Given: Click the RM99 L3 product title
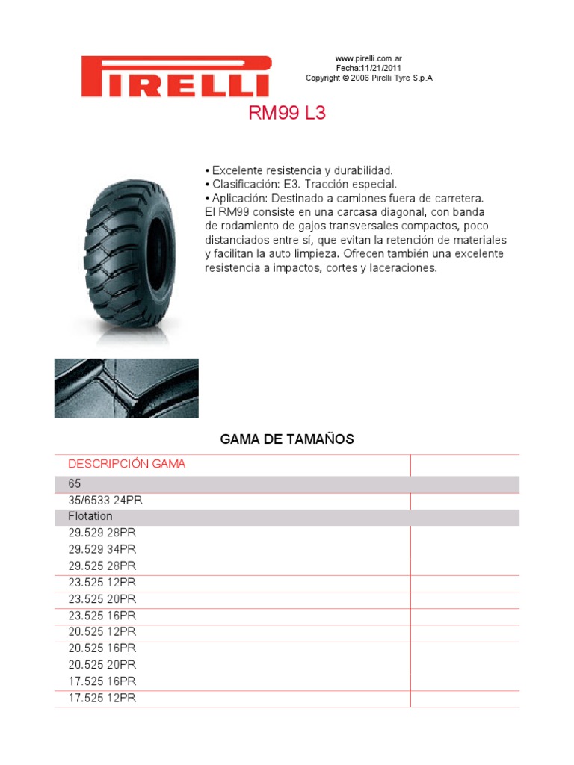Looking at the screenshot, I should click(287, 114).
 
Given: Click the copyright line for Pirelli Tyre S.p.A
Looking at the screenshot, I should click(369, 78).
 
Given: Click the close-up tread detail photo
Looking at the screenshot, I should click(126, 388).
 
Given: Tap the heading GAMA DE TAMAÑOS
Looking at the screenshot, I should click(287, 439).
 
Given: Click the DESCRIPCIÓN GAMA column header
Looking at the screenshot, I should click(127, 464).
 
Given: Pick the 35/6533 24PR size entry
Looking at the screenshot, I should click(105, 501).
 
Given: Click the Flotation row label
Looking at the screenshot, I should click(90, 517).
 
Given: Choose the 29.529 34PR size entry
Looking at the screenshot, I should click(102, 550).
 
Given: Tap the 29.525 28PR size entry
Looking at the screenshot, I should click(102, 566).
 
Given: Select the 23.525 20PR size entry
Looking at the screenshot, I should click(102, 599).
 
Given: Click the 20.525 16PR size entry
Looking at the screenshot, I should click(102, 648).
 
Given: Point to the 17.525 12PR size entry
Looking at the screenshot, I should click(102, 698).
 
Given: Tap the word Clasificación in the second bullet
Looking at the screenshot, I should click(243, 185).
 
